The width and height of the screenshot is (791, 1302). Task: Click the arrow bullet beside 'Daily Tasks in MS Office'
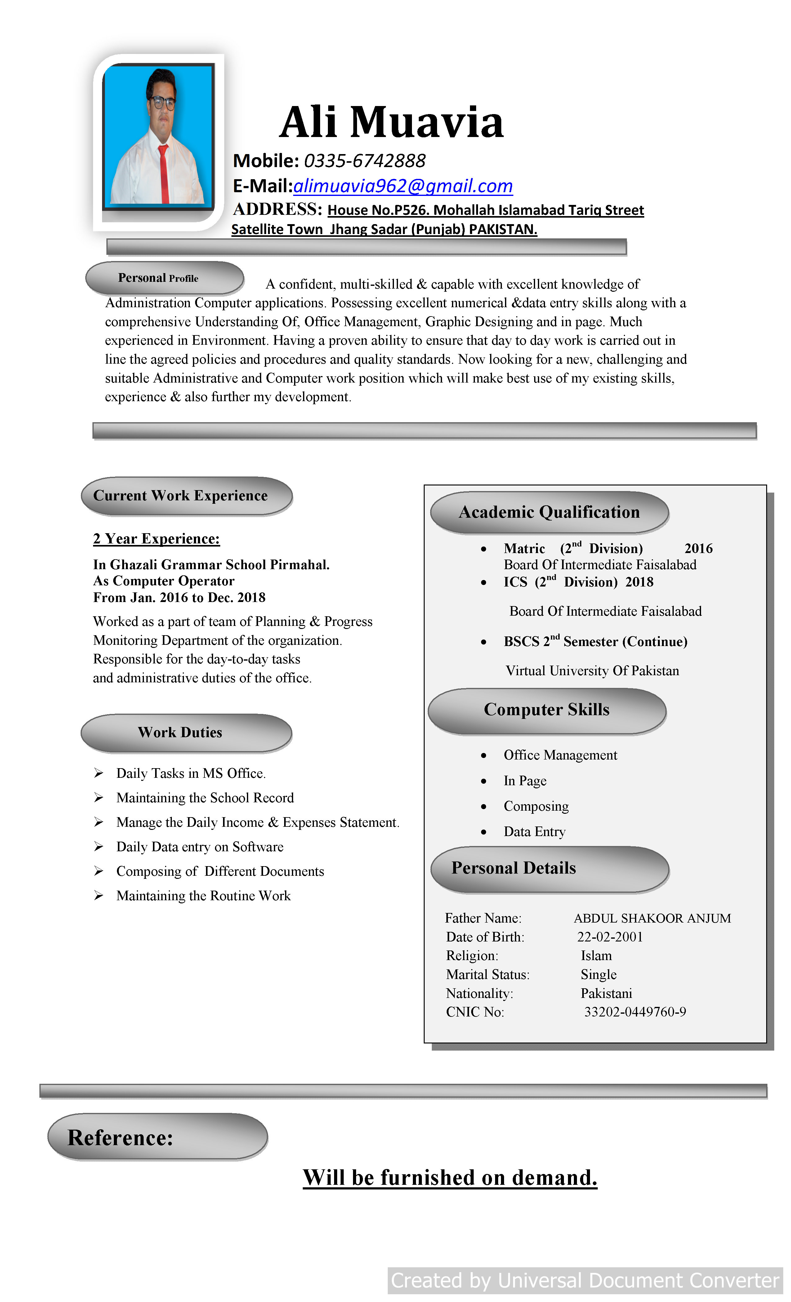(x=98, y=773)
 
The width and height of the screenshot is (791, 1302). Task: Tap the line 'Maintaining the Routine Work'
(x=203, y=896)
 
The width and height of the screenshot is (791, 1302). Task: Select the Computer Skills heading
(x=546, y=710)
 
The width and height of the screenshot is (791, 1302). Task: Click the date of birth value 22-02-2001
(x=610, y=937)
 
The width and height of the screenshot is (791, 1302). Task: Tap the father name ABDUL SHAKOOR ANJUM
(x=652, y=918)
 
